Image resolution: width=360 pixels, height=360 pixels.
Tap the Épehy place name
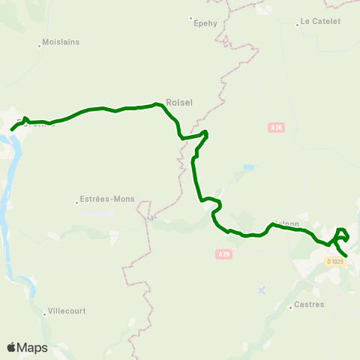[x=205, y=23]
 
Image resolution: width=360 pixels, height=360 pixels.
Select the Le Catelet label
[x=320, y=22]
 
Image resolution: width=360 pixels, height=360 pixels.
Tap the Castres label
[x=309, y=304]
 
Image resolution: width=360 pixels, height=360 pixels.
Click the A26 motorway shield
[x=277, y=128]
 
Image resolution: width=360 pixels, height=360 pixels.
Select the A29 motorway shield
[x=220, y=255]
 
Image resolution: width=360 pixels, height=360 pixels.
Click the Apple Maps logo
[x=27, y=347]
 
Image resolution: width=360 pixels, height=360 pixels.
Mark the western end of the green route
[x=12, y=130]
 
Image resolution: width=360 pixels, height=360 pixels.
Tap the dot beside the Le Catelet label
[x=298, y=23]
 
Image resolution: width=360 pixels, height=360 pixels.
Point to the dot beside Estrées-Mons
[x=78, y=201]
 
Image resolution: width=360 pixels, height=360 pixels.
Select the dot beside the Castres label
[x=290, y=306]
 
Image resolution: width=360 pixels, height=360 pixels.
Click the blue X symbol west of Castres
[x=261, y=289]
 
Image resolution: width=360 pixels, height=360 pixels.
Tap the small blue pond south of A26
[x=249, y=166]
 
